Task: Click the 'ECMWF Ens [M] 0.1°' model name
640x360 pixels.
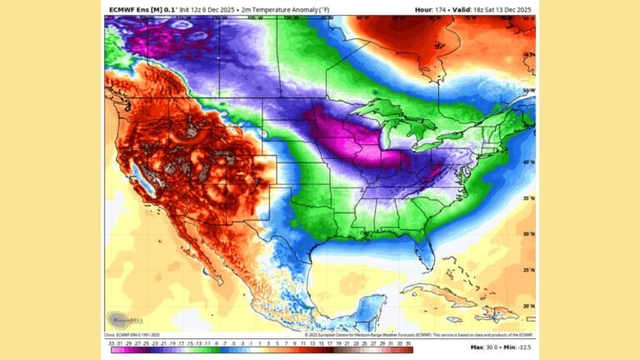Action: click(x=138, y=10)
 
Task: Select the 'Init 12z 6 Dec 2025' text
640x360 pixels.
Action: click(x=203, y=10)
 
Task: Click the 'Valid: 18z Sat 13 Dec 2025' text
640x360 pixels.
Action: click(x=492, y=10)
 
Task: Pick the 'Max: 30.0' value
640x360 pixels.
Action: click(x=482, y=346)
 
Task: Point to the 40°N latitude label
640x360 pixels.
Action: click(x=527, y=163)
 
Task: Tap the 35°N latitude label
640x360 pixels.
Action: click(x=527, y=199)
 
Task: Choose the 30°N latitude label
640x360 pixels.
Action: click(x=527, y=234)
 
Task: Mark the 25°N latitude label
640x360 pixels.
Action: click(x=527, y=270)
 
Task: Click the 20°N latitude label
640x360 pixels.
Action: click(x=527, y=306)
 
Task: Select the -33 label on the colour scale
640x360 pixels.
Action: click(x=111, y=342)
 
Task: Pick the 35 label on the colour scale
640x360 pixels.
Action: click(x=408, y=342)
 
